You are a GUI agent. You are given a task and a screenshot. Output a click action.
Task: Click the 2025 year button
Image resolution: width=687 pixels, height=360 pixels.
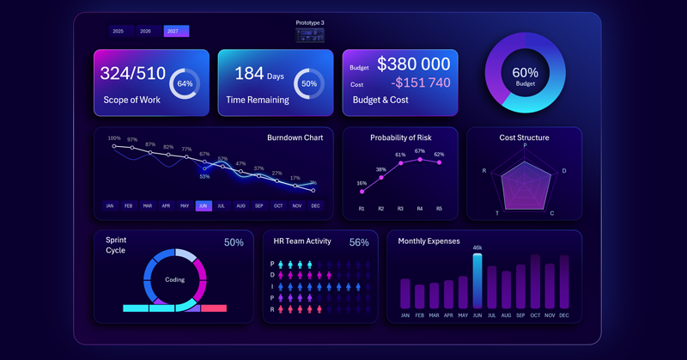tap(119, 31)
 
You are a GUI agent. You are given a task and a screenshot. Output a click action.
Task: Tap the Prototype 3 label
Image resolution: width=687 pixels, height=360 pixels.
tap(310, 23)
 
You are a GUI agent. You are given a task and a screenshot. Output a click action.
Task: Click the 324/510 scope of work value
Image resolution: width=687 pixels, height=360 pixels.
tap(133, 74)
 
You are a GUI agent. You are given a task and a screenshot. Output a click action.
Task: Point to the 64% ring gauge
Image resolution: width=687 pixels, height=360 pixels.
tap(185, 84)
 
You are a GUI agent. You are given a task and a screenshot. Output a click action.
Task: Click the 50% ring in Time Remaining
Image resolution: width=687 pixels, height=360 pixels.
tap(309, 84)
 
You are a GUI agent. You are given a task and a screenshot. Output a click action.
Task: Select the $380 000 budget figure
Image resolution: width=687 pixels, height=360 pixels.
tap(413, 64)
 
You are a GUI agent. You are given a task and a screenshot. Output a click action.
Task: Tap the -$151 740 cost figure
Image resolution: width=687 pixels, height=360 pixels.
tap(421, 83)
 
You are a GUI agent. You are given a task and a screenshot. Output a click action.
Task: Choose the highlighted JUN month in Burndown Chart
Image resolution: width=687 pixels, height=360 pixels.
tap(204, 206)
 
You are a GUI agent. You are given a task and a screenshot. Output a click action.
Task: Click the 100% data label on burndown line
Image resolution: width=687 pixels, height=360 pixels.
tap(114, 138)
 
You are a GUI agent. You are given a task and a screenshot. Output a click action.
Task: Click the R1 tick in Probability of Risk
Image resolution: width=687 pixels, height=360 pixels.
tap(362, 209)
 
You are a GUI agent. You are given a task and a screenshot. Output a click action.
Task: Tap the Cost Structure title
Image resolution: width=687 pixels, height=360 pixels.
tap(524, 137)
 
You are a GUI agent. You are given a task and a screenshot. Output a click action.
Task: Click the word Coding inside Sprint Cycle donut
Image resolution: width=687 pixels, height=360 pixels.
tap(174, 279)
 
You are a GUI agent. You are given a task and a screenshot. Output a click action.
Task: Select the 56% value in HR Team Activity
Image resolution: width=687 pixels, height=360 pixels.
tap(359, 243)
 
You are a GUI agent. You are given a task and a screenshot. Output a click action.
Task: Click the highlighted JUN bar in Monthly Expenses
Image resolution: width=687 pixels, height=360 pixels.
tap(477, 280)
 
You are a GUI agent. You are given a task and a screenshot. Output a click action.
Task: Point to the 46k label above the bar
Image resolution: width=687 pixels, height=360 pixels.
tap(477, 248)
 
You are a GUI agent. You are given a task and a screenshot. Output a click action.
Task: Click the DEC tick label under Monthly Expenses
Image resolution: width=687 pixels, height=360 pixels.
tap(564, 315)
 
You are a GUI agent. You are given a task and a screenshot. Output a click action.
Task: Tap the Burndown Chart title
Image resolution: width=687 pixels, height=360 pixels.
tap(295, 137)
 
